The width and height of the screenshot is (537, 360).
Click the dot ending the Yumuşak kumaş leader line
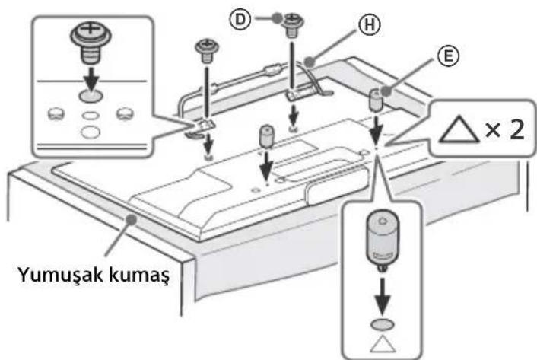pos(134,218)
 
